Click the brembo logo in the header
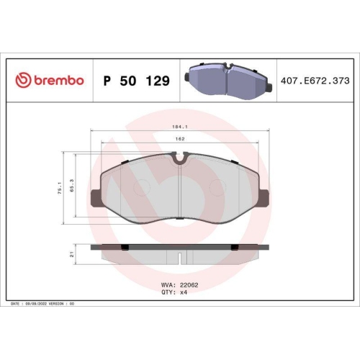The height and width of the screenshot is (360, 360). click(x=50, y=81)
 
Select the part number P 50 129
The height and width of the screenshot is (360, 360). click(x=137, y=81)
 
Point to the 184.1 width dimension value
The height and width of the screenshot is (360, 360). click(x=179, y=128)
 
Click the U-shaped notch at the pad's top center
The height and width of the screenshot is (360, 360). click(x=179, y=158)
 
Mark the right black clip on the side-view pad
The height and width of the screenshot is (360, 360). click(x=233, y=248)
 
